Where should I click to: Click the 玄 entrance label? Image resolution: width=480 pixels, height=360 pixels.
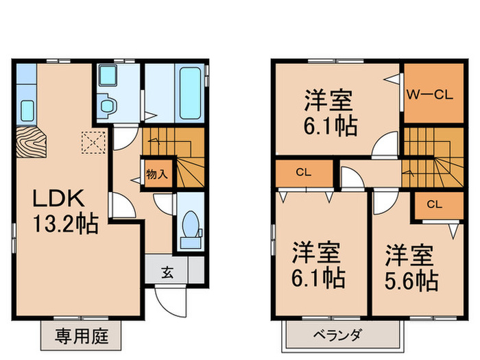(167, 272)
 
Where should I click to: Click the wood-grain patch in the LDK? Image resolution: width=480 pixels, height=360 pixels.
(28, 142)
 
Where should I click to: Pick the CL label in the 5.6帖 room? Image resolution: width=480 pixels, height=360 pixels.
(434, 204)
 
